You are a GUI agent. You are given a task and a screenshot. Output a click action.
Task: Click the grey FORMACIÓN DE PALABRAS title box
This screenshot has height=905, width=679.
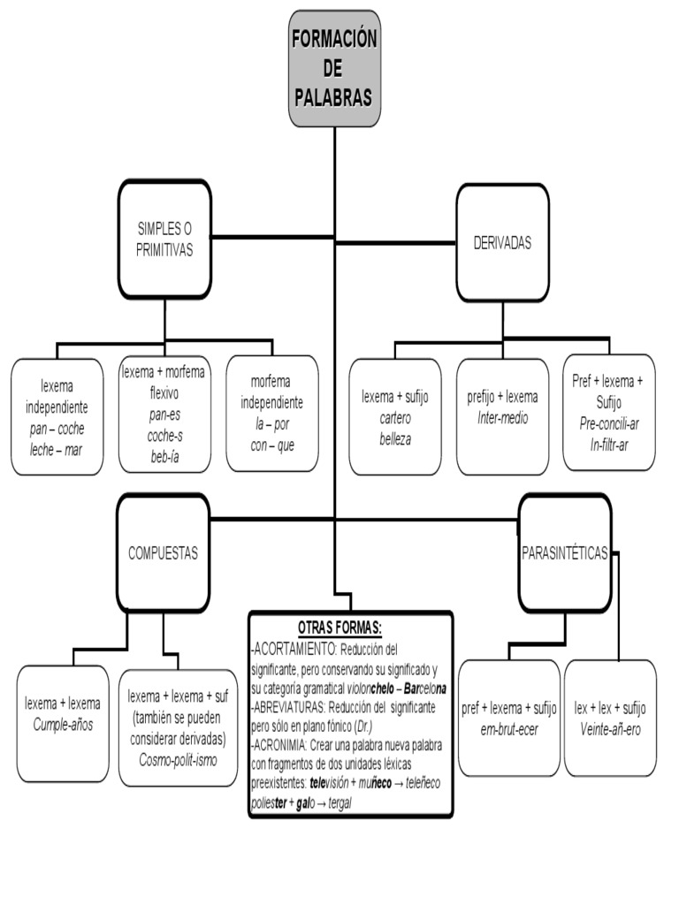[334, 68]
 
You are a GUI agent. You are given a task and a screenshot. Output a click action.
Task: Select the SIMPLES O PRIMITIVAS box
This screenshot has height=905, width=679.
[164, 239]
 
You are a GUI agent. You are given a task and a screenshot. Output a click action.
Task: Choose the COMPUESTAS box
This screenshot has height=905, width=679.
[163, 553]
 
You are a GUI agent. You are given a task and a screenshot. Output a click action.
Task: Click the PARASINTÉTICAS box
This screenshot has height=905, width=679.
[564, 553]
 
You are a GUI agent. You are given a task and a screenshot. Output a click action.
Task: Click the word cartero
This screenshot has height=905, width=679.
[394, 418]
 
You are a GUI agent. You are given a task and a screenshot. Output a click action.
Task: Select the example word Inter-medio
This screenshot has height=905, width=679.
[502, 418]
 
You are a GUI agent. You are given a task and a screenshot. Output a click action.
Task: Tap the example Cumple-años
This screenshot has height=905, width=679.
[63, 725]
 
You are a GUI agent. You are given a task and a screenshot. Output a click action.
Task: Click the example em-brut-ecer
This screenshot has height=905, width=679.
[508, 729]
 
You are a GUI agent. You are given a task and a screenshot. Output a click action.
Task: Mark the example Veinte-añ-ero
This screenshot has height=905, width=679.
[610, 729]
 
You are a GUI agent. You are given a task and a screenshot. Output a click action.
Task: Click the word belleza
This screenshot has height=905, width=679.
[394, 438]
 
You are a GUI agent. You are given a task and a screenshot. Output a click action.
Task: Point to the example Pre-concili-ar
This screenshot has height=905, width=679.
[609, 423]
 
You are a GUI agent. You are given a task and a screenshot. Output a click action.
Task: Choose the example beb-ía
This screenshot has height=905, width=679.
[164, 455]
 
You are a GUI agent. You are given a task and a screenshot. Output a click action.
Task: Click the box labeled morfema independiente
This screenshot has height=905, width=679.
[271, 413]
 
